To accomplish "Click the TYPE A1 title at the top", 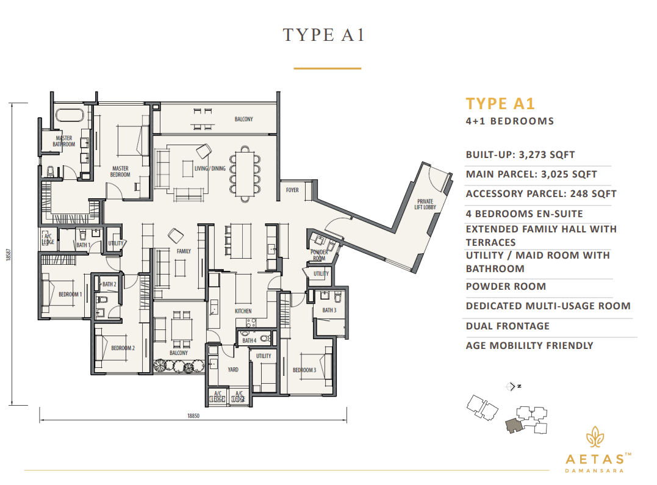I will (323, 35).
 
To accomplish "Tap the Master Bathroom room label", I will (63, 142).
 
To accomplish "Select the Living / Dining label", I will (210, 168).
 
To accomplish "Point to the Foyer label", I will (292, 190).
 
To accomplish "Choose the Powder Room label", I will (319, 255).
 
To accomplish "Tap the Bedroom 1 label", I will (70, 295).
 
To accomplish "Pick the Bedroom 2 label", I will (123, 348).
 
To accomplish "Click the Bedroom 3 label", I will (304, 370).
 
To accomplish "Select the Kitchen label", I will (243, 311).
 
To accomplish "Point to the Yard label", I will (233, 370).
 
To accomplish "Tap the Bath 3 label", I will (329, 311).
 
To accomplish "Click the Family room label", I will (184, 251).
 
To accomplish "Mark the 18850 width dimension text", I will (194, 416).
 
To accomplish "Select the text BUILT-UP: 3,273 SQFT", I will (520, 155).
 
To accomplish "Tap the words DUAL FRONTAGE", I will (508, 326).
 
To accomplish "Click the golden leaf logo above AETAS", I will (594, 437).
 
